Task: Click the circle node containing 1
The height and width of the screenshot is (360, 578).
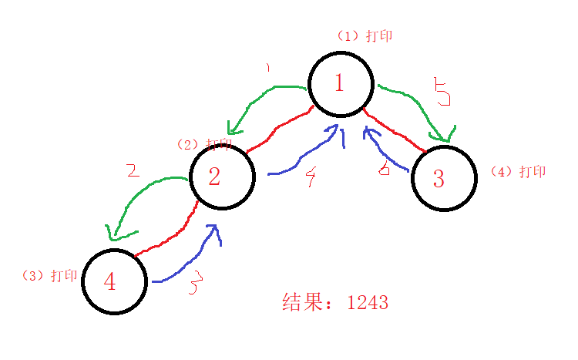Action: pyautogui.click(x=341, y=84)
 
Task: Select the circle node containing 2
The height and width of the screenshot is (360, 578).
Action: pyautogui.click(x=222, y=177)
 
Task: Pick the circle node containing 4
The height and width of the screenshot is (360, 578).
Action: pyautogui.click(x=114, y=281)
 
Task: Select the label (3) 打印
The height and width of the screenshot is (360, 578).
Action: pyautogui.click(x=51, y=275)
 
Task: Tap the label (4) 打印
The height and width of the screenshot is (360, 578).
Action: pyautogui.click(x=519, y=171)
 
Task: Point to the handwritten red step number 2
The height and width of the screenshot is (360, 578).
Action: pyautogui.click(x=133, y=170)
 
